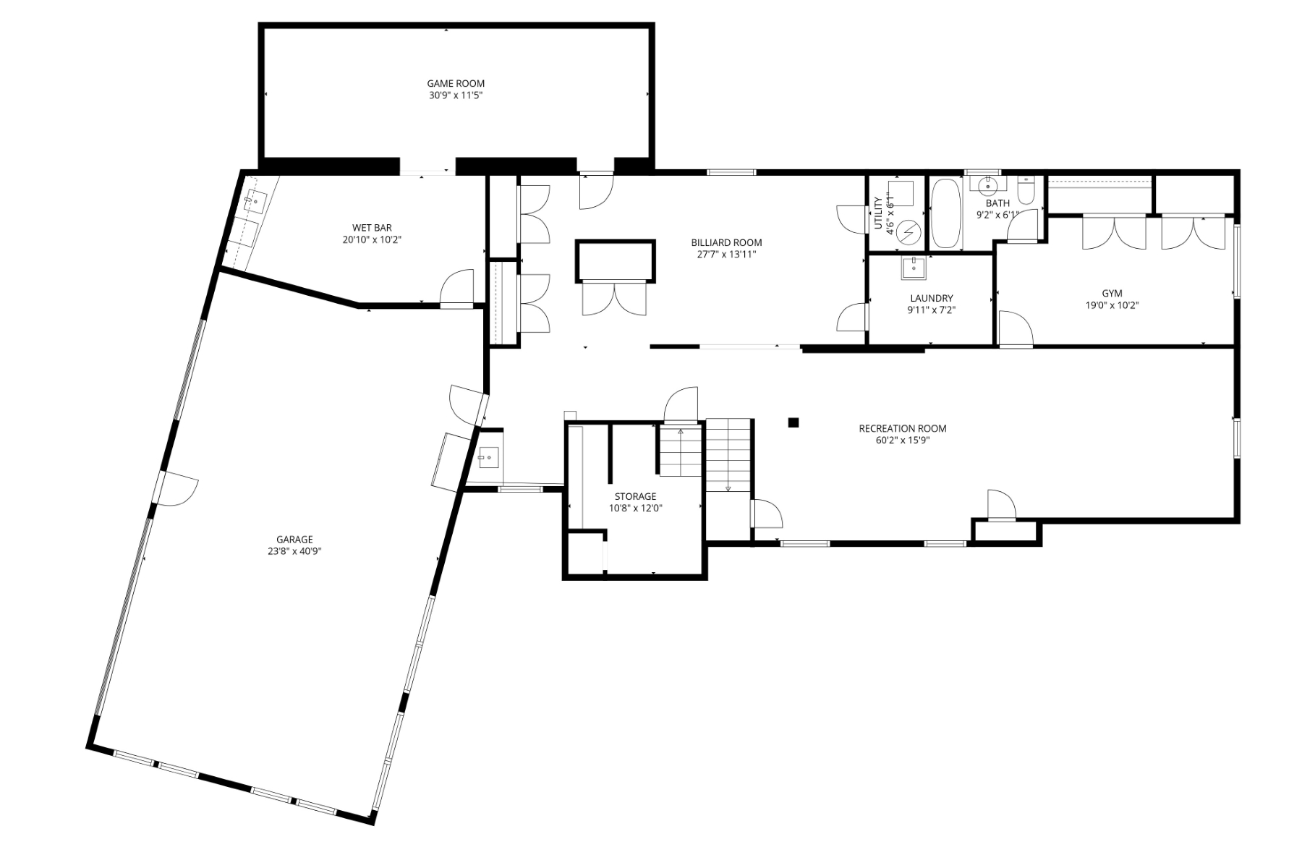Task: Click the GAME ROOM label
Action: point(455,83)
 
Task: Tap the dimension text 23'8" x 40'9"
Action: point(294,551)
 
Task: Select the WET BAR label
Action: point(372,228)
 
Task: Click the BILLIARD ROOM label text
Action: point(726,242)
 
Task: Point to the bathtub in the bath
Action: point(945,213)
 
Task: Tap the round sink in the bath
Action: point(987,185)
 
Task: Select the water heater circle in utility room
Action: point(909,232)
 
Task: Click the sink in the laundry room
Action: point(913,268)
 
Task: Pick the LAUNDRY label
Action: point(931,298)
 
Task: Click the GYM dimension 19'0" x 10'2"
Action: point(1112,305)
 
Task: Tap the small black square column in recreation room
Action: point(793,422)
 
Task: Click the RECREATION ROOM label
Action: point(902,428)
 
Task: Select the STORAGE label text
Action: point(635,496)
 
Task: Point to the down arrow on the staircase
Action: point(728,488)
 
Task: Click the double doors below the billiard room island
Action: point(614,298)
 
